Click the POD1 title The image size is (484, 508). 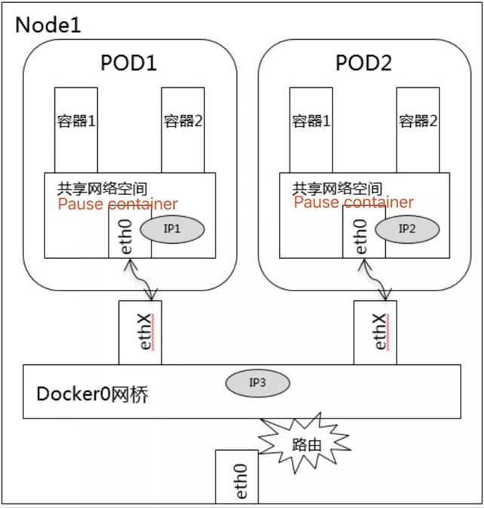(x=129, y=62)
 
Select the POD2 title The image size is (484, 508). (x=364, y=62)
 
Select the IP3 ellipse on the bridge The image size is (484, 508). (x=257, y=382)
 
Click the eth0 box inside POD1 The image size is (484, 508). (x=130, y=233)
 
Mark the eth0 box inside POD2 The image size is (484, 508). (x=363, y=233)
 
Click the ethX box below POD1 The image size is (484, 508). (x=139, y=332)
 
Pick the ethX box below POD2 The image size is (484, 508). (x=375, y=332)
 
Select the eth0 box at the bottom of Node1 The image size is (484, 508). (x=236, y=477)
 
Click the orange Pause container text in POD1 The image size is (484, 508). (x=118, y=204)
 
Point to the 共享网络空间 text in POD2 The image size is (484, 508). (x=337, y=187)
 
